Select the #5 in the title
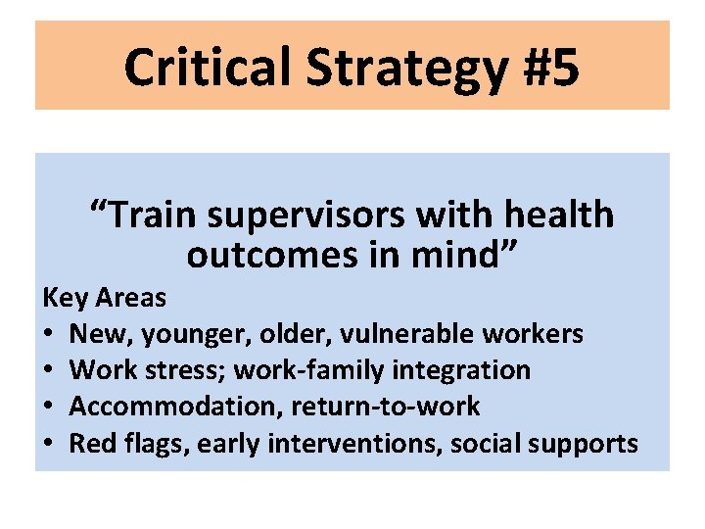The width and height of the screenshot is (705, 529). click(546, 67)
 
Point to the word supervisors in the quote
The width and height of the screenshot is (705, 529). click(299, 216)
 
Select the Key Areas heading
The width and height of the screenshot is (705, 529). click(104, 297)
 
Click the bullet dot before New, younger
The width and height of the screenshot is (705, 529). click(49, 335)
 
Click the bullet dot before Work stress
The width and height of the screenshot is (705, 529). click(49, 371)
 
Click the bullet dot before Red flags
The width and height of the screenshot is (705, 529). click(49, 444)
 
